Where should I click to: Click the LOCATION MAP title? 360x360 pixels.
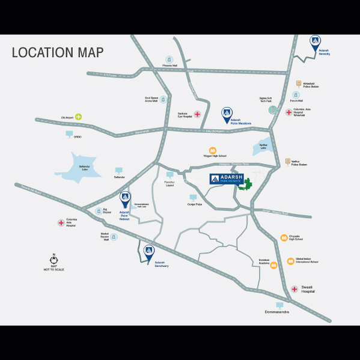(x=58, y=52)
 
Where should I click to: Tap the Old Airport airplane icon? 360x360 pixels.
(x=78, y=117)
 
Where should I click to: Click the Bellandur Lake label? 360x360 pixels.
(x=80, y=168)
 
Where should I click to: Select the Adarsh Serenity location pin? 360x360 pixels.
(x=315, y=42)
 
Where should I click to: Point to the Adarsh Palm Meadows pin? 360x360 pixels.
(x=227, y=112)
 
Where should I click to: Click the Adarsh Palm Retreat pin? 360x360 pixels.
(x=125, y=198)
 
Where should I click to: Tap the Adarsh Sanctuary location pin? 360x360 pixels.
(x=148, y=252)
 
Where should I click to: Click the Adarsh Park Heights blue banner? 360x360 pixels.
(x=228, y=179)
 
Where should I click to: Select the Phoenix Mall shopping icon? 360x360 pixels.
(x=170, y=59)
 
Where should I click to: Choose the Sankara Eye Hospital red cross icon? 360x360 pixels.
(x=197, y=114)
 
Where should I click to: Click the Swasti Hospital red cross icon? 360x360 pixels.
(x=294, y=289)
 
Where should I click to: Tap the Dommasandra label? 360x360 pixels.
(x=277, y=312)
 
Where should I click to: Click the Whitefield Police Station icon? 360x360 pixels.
(x=299, y=84)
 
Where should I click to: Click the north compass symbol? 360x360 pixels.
(x=54, y=261)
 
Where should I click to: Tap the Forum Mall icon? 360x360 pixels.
(x=296, y=95)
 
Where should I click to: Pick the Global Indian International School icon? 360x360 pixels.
(x=291, y=261)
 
